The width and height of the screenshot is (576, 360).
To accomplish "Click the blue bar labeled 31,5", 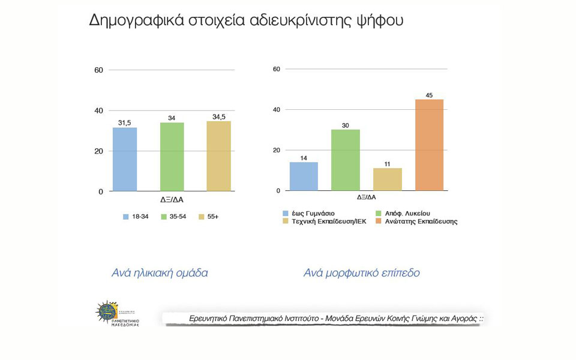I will (125, 159).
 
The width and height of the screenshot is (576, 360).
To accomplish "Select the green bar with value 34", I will (172, 157).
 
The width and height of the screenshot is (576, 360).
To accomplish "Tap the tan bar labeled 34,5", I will (218, 156).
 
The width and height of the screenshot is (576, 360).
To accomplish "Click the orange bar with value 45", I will (429, 145).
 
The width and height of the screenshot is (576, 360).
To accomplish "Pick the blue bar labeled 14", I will (304, 176).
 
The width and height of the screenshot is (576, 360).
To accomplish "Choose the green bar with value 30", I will (346, 160).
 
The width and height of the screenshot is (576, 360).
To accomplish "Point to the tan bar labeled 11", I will (388, 179).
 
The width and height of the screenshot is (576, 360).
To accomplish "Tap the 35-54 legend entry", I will (173, 217).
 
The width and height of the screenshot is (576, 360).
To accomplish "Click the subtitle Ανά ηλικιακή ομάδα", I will (160, 273).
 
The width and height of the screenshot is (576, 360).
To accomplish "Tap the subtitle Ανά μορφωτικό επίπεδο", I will (361, 273).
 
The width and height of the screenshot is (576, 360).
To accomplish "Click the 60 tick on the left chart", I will (98, 70).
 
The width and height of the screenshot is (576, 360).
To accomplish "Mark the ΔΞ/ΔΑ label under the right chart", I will (367, 197).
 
